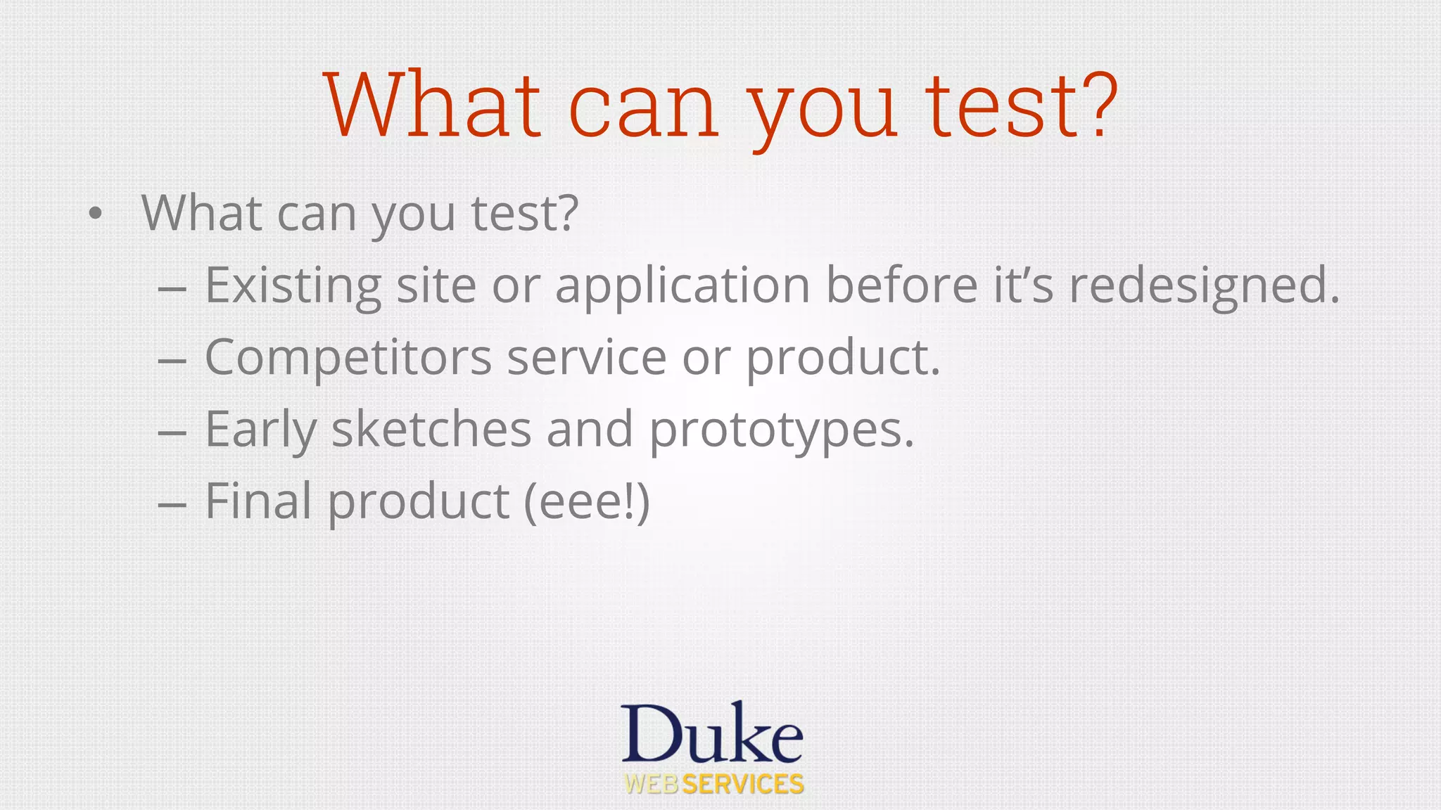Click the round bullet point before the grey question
pos(96,213)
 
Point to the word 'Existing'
pos(293,286)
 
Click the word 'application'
pos(683,286)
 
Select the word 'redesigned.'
pos(1204,286)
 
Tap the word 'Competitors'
pos(348,358)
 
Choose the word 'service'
pos(586,358)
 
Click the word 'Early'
pos(260,430)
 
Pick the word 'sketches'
pos(431,430)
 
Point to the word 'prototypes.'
pos(781,430)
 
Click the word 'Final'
pos(258,501)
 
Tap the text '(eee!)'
pos(587,502)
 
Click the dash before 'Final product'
pos(172,503)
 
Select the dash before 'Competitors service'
pos(172,360)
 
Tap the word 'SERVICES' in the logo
pos(743,785)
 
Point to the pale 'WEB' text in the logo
pos(652,785)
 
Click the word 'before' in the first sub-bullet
pos(901,285)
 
